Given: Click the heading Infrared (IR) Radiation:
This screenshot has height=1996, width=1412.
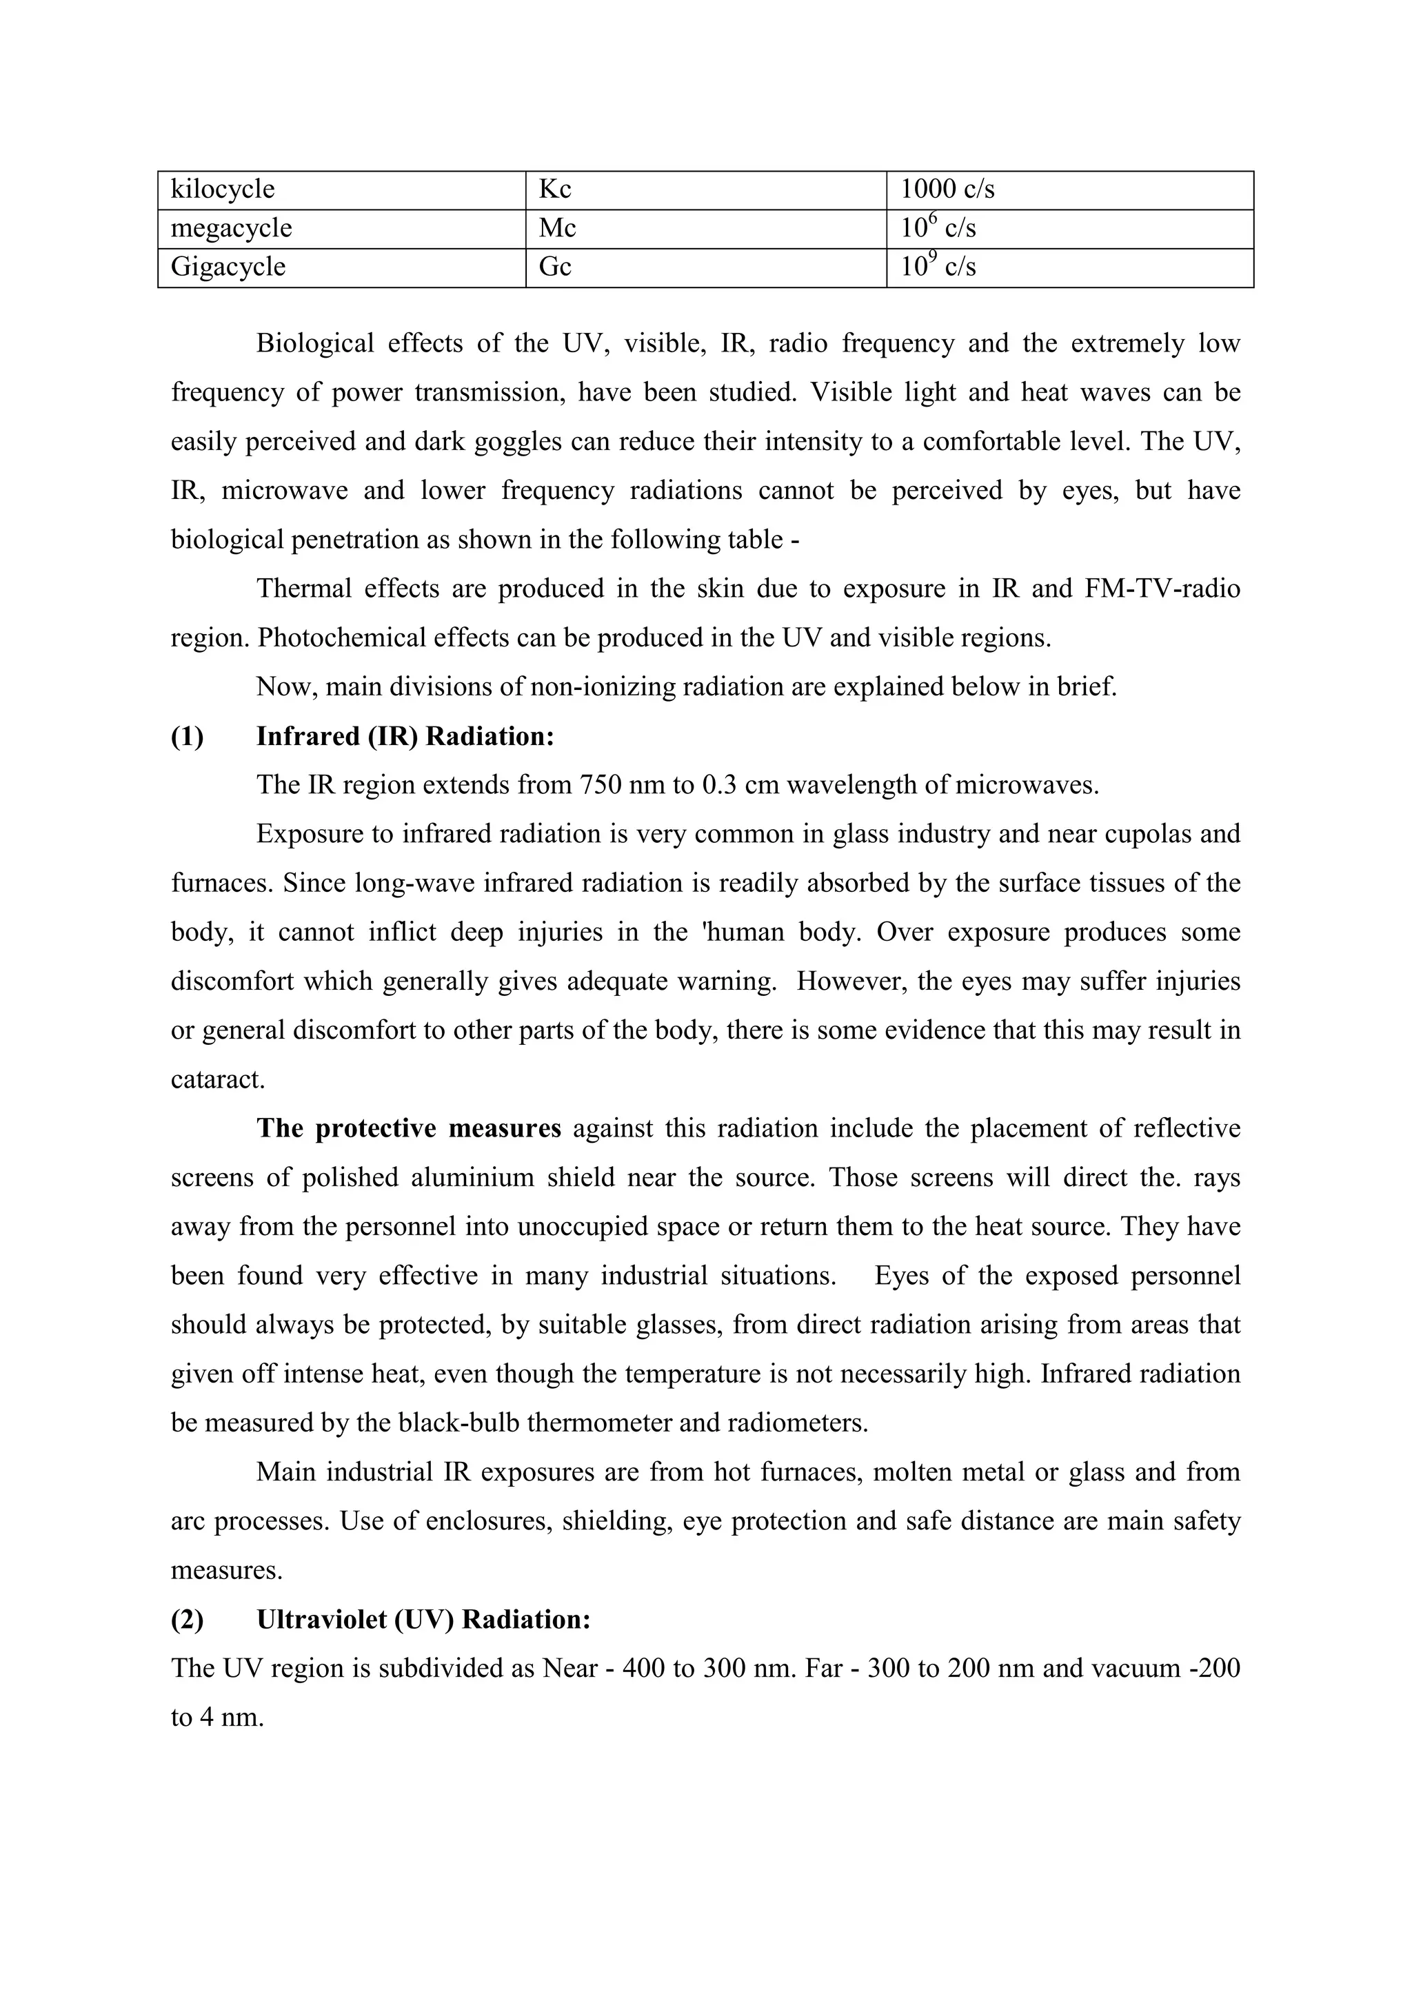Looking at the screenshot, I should click(405, 737).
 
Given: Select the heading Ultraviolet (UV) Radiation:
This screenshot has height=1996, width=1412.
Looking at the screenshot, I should click(423, 1620).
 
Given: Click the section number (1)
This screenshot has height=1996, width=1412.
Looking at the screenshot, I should click(187, 737).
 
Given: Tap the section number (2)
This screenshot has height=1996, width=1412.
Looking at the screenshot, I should click(187, 1620).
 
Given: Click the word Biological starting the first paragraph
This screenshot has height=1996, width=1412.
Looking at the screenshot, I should click(315, 344).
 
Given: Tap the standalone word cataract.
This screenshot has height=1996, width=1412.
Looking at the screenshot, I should click(217, 1081).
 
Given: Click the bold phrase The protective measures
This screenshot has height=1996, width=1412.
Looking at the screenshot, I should click(409, 1129).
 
